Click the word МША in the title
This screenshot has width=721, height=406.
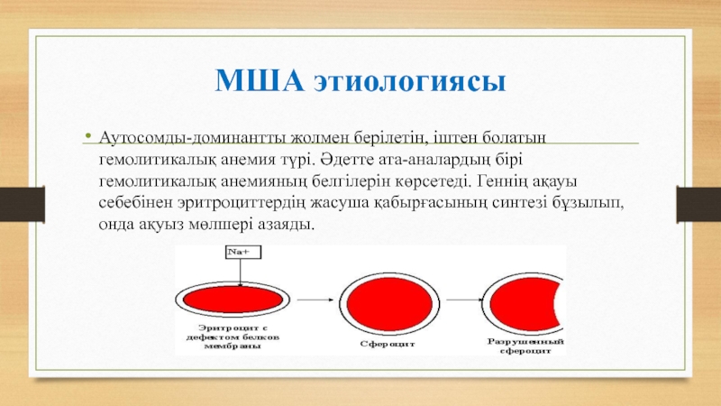260,80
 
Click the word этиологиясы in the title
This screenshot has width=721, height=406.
410,83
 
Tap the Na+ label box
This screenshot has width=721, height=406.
243,253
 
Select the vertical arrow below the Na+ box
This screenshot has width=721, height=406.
240,272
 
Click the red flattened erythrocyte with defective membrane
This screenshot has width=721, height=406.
233,300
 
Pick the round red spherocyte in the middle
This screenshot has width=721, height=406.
389,304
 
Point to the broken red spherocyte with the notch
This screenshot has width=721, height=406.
524,304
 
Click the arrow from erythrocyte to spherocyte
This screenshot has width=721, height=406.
315,300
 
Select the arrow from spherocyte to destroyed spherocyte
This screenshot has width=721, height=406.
465,300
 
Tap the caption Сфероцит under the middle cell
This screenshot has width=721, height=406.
388,344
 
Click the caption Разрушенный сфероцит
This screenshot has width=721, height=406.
525,346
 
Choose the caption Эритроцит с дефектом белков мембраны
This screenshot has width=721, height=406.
233,337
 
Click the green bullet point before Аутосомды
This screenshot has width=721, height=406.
88,135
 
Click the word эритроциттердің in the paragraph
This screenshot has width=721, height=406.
241,203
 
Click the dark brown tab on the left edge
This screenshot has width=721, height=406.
22,205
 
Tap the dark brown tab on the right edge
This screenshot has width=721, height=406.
698,205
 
